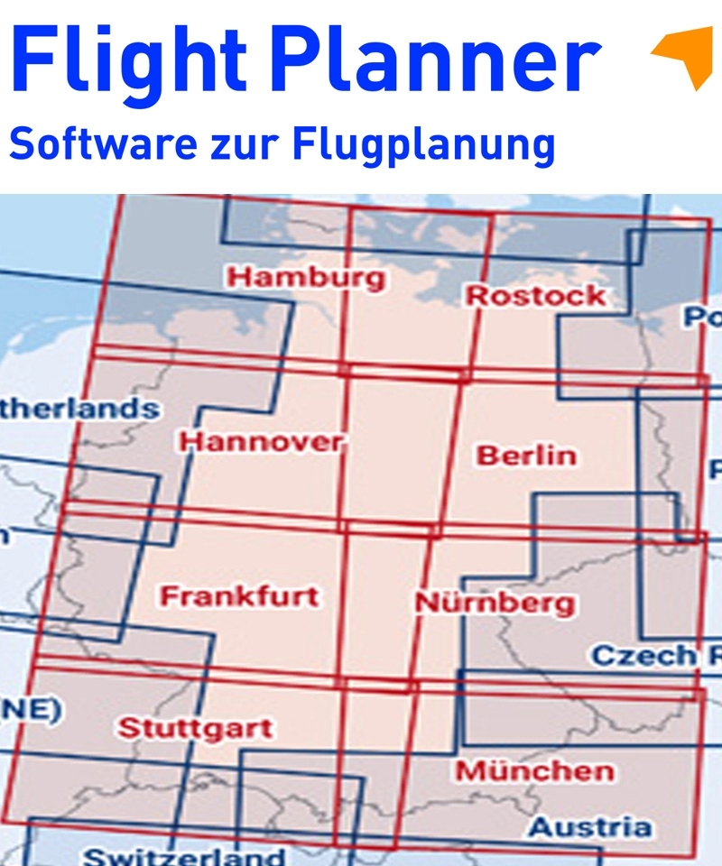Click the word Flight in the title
click(x=126, y=59)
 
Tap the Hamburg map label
click(x=304, y=277)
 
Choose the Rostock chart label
click(x=535, y=295)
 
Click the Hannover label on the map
click(x=262, y=442)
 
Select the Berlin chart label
click(x=526, y=455)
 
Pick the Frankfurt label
click(x=239, y=596)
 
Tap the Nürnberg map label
click(x=495, y=602)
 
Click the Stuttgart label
click(x=196, y=728)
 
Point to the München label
click(x=534, y=771)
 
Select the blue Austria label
click(x=589, y=826)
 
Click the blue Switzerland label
click(x=184, y=855)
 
